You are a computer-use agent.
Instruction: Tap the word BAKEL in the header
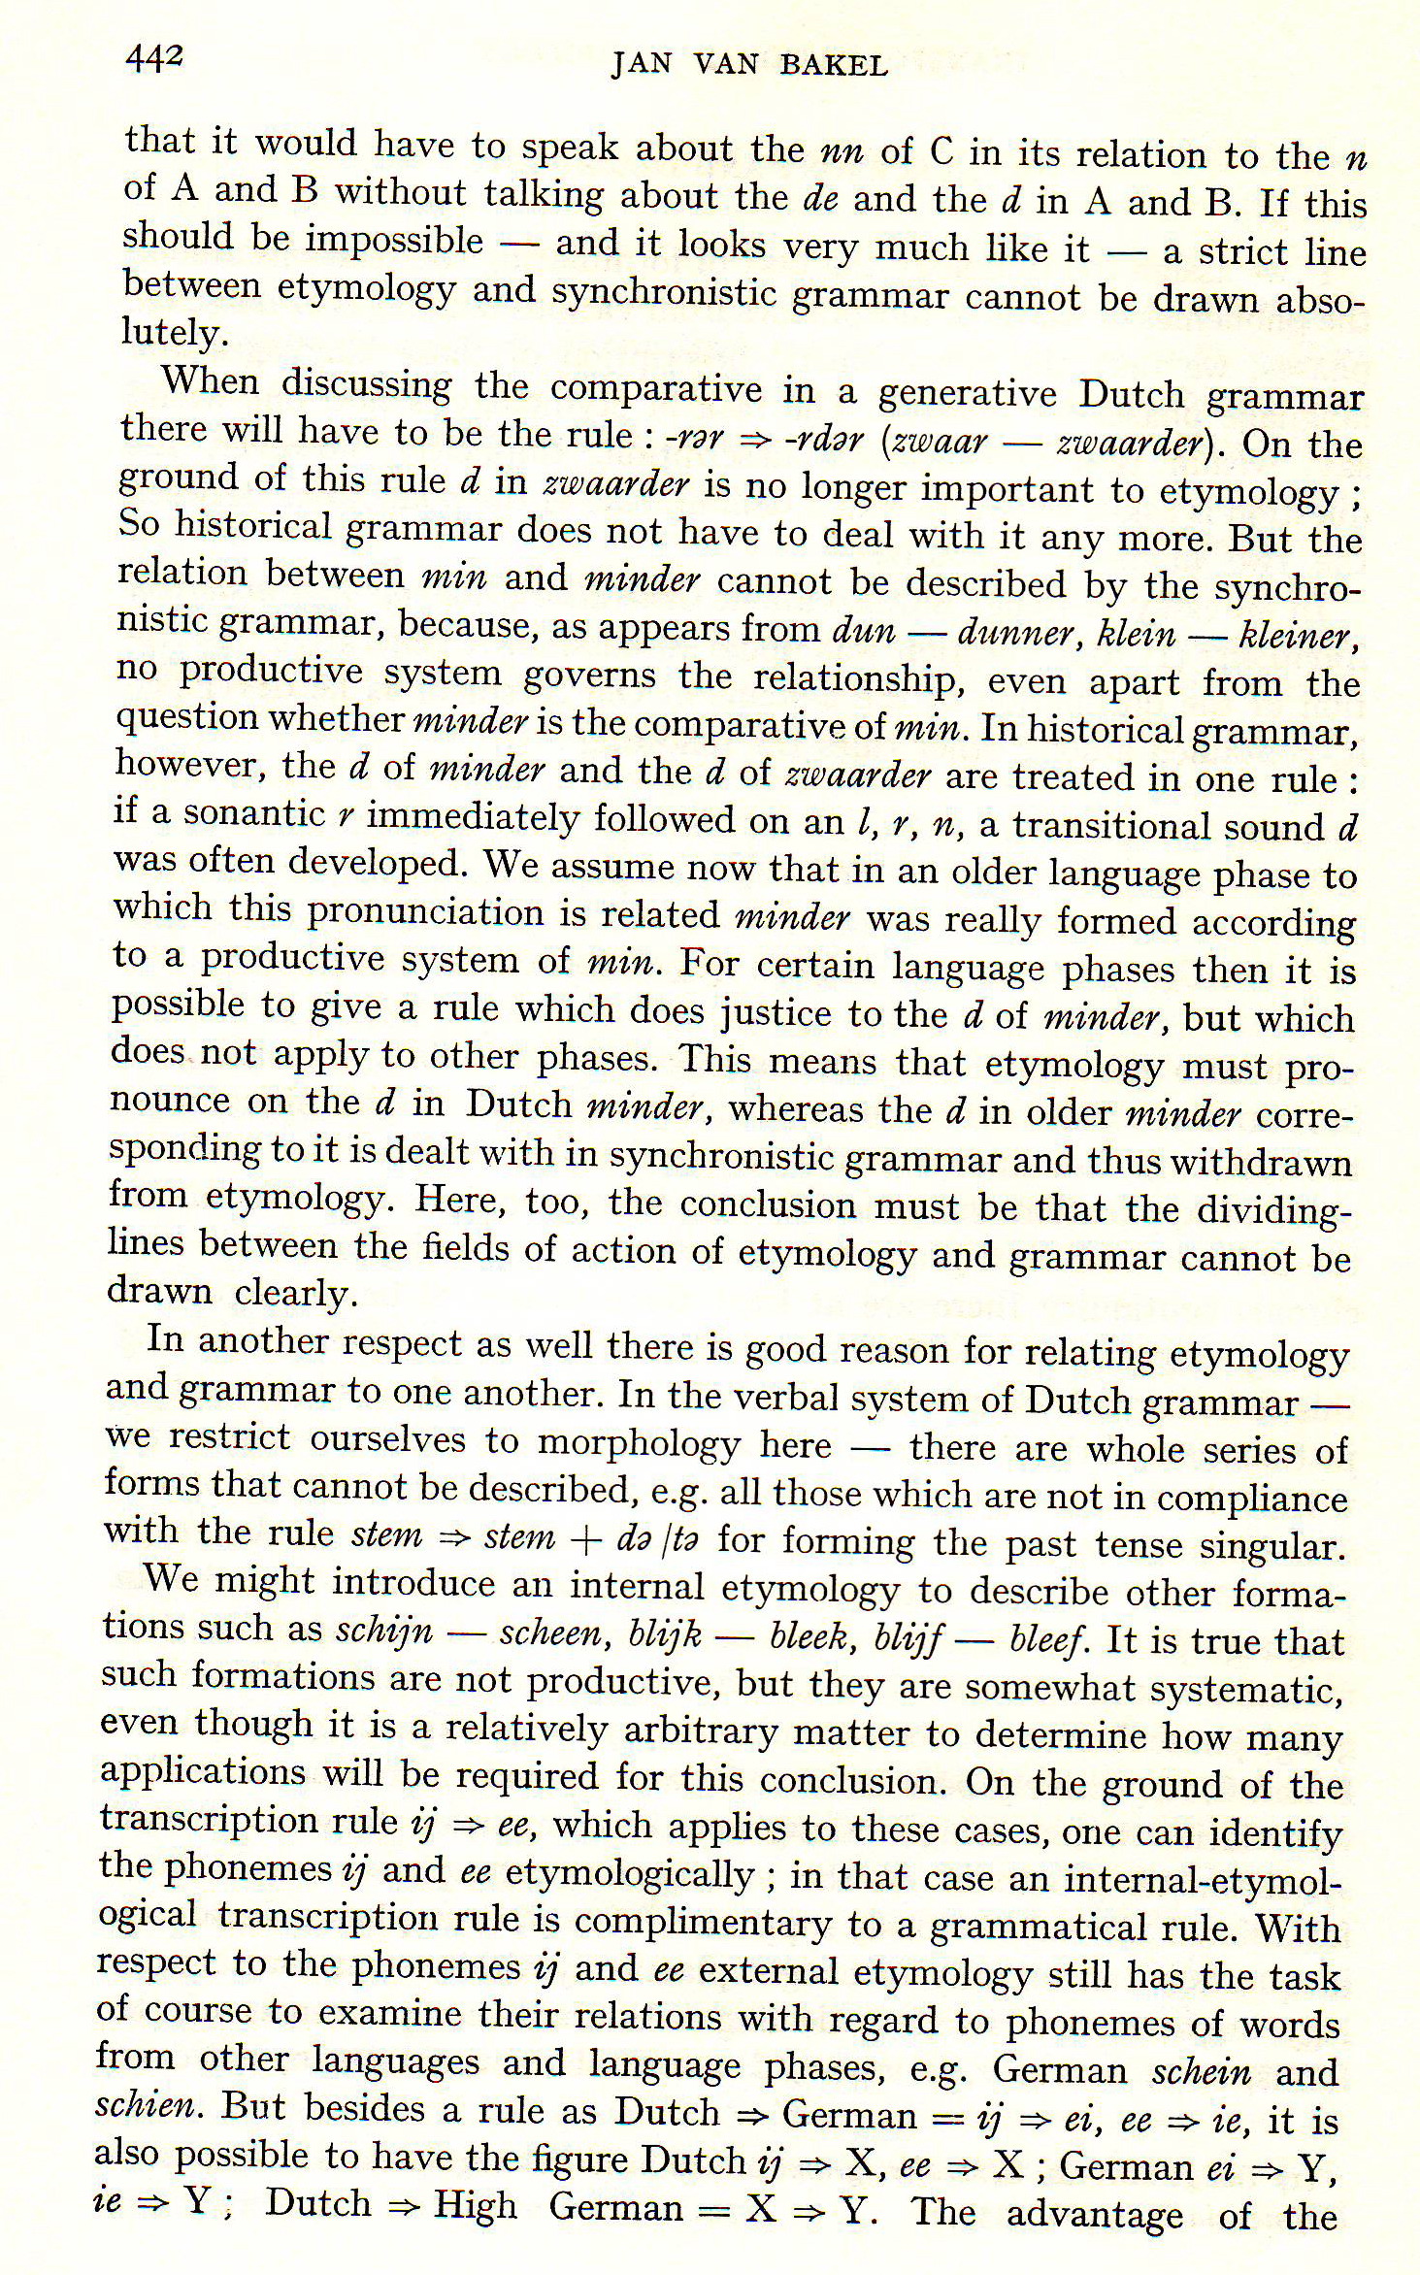[833, 66]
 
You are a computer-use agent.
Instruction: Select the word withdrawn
[1269, 1162]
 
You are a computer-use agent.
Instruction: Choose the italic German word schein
[1201, 2071]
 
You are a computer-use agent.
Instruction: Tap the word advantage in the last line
[1094, 2214]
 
